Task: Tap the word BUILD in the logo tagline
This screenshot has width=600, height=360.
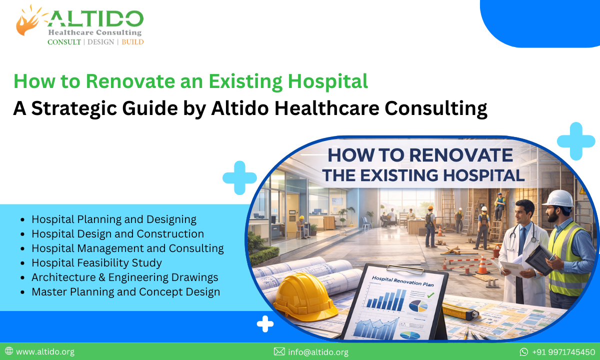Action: (132, 42)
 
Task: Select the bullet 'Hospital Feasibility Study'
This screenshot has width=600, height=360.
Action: (96, 262)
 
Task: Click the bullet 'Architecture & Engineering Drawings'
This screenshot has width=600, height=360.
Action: (125, 277)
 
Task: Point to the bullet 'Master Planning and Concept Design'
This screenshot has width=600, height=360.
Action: (125, 291)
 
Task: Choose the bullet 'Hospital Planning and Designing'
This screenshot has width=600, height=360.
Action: (114, 219)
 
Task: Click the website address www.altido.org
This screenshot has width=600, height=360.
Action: (45, 351)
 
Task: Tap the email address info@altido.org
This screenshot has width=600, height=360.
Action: (318, 352)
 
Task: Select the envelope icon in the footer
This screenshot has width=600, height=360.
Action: (279, 352)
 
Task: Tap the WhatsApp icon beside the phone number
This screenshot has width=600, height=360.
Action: (524, 352)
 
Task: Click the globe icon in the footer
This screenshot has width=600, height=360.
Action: (9, 351)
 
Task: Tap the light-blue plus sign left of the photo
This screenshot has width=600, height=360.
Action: (239, 177)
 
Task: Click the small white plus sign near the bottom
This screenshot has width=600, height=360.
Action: (265, 324)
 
